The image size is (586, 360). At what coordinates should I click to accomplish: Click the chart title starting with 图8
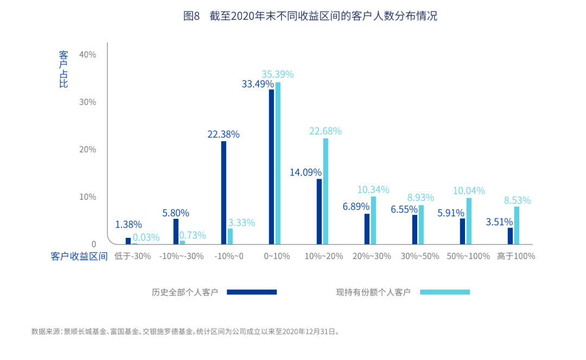click(310, 16)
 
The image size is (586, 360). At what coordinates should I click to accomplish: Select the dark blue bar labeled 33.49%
click(271, 167)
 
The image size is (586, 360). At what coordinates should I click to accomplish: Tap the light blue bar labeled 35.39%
click(278, 163)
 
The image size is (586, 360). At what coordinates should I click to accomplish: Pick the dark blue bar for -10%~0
click(224, 192)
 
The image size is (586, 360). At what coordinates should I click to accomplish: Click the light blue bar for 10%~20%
click(326, 191)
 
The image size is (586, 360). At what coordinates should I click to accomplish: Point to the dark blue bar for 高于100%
click(510, 236)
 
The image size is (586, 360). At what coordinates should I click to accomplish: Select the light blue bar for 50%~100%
click(469, 221)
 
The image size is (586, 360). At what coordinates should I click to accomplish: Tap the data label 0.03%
click(146, 237)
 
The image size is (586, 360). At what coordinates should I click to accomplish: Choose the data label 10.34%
click(373, 190)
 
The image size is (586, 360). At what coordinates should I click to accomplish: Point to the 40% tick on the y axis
click(87, 55)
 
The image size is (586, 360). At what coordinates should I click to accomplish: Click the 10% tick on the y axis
click(87, 197)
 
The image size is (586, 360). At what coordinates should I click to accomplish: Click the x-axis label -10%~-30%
click(181, 256)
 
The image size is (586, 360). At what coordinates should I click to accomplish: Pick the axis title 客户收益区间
click(79, 256)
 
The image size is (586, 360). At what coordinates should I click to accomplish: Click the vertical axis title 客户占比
click(63, 69)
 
